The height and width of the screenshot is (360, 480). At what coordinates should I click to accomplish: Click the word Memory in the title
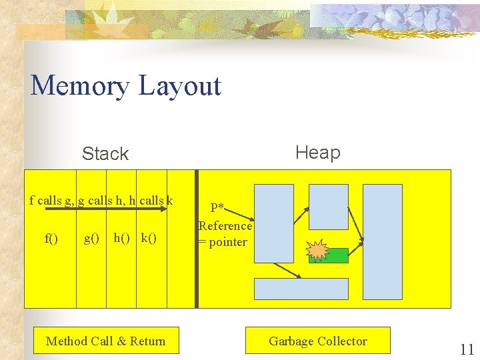pyautogui.click(x=79, y=86)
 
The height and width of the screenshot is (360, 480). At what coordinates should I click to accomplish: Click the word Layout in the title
pyautogui.click(x=181, y=86)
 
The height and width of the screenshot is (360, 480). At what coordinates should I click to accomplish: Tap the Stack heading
pyautogui.click(x=105, y=154)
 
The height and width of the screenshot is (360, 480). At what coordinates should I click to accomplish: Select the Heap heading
pyautogui.click(x=317, y=153)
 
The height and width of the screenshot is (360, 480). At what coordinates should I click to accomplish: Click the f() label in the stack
pyautogui.click(x=51, y=238)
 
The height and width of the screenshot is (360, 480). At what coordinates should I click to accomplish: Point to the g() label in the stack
pyautogui.click(x=91, y=238)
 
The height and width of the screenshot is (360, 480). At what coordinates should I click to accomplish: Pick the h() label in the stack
pyautogui.click(x=122, y=238)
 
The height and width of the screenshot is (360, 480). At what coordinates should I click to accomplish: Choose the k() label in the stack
pyautogui.click(x=149, y=238)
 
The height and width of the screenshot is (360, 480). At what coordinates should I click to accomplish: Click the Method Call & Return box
pyautogui.click(x=105, y=341)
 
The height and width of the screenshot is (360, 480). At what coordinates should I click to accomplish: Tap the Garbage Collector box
pyautogui.click(x=317, y=341)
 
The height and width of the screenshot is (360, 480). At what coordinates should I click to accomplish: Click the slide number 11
pyautogui.click(x=467, y=349)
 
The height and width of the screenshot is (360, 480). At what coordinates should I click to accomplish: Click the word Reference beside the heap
pyautogui.click(x=225, y=225)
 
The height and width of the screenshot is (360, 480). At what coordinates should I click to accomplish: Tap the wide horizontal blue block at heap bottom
pyautogui.click(x=301, y=289)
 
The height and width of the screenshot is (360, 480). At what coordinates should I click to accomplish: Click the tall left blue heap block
pyautogui.click(x=274, y=222)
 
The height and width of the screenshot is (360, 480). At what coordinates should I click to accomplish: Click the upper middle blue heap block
pyautogui.click(x=328, y=206)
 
